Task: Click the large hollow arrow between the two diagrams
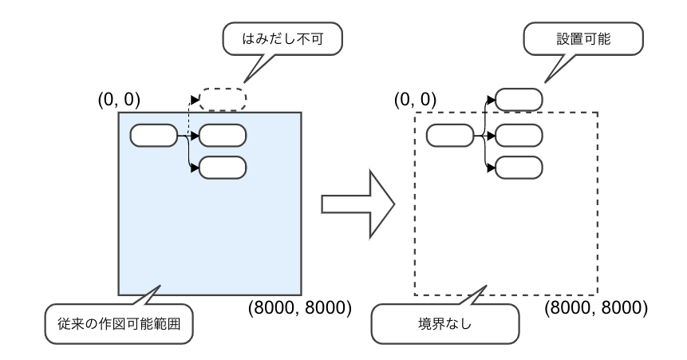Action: [x=357, y=204]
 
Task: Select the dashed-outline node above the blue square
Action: [x=223, y=100]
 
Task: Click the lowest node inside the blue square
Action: [x=223, y=167]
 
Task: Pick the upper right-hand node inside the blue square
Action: [x=223, y=136]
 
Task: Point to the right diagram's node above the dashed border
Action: [x=519, y=100]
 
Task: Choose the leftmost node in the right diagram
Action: [x=450, y=136]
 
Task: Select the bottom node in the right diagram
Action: [x=519, y=167]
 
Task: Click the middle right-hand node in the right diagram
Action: [x=519, y=136]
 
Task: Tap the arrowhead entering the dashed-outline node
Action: [x=195, y=100]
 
